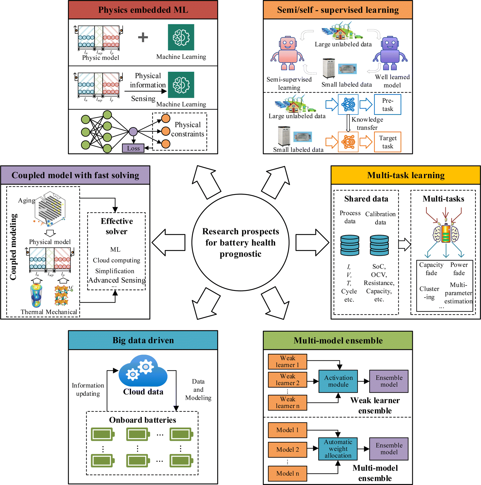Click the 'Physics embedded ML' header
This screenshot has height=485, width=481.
[143, 10]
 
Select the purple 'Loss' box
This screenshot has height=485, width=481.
[133, 148]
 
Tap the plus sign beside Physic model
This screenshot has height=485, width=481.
[143, 37]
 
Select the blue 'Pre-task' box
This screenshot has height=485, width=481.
[387, 105]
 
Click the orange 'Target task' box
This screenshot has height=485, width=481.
[387, 142]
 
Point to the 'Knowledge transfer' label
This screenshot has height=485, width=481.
[367, 124]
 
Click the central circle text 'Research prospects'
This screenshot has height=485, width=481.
[240, 231]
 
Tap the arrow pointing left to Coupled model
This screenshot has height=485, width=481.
[169, 242]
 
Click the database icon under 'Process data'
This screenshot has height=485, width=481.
[350, 245]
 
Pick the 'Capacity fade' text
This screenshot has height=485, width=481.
[431, 269]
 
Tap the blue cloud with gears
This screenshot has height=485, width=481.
[143, 371]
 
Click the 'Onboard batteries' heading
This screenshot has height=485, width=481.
[142, 420]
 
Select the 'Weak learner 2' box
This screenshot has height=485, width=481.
[287, 380]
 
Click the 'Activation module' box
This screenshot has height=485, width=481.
[338, 381]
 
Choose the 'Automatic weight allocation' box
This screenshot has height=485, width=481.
[338, 449]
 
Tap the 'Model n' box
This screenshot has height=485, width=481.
[287, 473]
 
